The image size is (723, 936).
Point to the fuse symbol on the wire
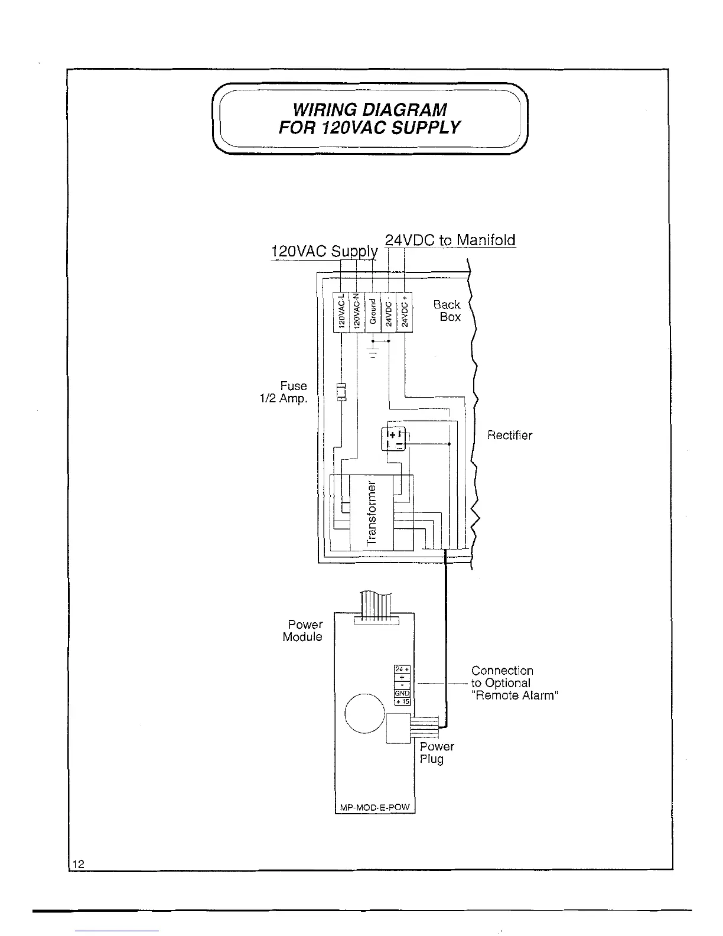click(x=341, y=392)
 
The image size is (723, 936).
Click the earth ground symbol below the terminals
click(x=373, y=353)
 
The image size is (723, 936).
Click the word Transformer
click(x=372, y=513)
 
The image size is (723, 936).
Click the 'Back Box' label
click(x=447, y=311)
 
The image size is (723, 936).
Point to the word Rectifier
click(x=509, y=435)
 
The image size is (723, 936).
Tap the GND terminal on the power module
click(x=402, y=693)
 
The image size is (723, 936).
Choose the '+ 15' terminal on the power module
click(x=402, y=701)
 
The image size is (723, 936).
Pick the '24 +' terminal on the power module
click(x=402, y=669)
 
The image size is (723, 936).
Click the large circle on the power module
click(x=364, y=713)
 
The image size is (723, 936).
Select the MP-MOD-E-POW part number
click(x=375, y=807)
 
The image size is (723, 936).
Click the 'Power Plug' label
click(x=436, y=753)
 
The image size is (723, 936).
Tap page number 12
click(x=77, y=864)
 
